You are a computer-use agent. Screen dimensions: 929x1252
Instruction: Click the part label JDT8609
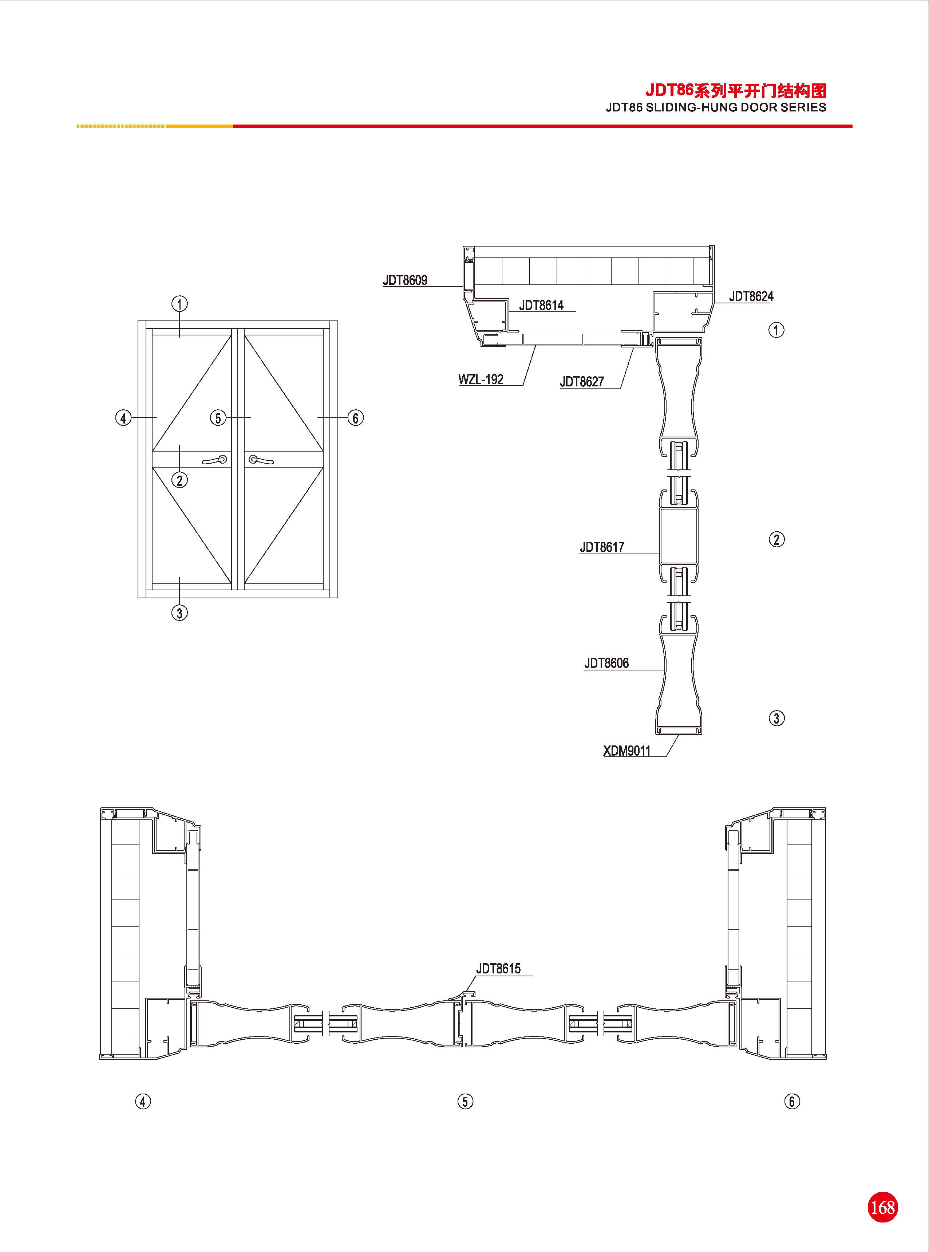click(x=405, y=280)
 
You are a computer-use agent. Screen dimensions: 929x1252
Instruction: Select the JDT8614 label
click(x=541, y=306)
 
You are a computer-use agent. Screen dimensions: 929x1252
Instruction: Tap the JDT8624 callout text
click(x=751, y=296)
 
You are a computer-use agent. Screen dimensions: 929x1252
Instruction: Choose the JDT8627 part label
click(x=582, y=382)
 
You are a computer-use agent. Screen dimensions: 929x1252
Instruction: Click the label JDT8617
click(x=602, y=547)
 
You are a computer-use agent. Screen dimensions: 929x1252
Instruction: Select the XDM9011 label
click(x=627, y=751)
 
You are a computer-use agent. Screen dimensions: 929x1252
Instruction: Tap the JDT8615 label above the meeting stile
click(x=499, y=969)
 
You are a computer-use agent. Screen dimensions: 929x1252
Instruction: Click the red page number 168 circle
click(x=882, y=1207)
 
